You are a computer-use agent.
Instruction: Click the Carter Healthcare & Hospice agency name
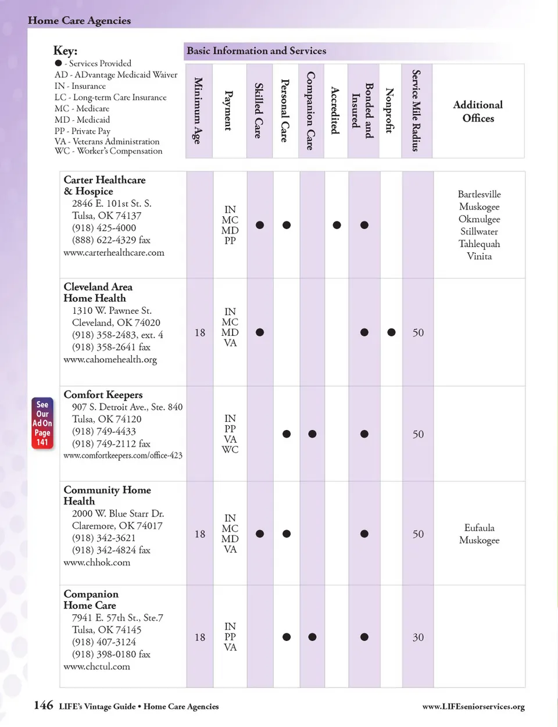click(105, 185)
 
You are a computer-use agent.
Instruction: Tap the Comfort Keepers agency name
click(103, 395)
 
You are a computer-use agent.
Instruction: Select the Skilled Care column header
click(259, 110)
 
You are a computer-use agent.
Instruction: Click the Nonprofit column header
click(389, 110)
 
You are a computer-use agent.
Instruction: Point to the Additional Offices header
click(478, 111)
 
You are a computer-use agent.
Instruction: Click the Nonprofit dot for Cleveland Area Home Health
click(391, 332)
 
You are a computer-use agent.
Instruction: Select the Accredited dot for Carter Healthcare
click(337, 225)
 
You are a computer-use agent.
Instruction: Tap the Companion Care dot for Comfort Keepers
click(312, 434)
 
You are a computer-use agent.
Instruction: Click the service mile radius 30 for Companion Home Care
click(418, 638)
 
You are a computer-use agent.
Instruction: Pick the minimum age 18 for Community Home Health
click(199, 534)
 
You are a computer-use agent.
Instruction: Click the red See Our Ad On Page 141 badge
click(42, 423)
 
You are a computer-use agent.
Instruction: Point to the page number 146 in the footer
click(44, 705)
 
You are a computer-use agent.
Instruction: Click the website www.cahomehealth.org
click(110, 360)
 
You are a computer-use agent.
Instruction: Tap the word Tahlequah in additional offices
click(479, 244)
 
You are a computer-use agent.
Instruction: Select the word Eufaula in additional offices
click(479, 528)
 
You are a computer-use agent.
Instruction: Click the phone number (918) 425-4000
click(104, 228)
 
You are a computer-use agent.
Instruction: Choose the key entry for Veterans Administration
click(107, 141)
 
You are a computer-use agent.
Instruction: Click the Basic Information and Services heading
click(256, 51)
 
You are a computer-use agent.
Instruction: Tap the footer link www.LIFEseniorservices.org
click(473, 707)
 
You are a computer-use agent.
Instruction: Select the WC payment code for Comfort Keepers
click(230, 450)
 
